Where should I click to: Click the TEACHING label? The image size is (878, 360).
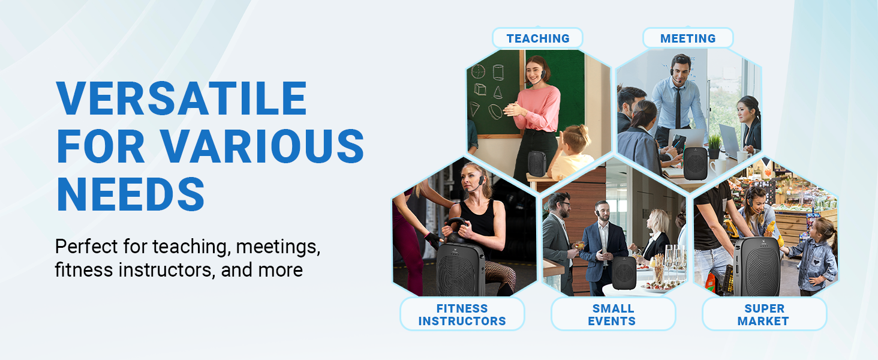click(537, 38)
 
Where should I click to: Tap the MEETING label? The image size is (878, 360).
click(687, 38)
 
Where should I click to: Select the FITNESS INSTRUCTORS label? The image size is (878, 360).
click(462, 314)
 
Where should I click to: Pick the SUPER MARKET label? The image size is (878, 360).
click(763, 314)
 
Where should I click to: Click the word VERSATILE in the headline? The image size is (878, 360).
click(181, 98)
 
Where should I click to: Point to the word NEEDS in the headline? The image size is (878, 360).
click(130, 194)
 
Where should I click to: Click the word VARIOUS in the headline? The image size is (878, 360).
click(261, 146)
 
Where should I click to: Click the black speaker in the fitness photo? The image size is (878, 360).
click(460, 270)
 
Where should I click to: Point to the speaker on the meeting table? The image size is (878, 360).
click(696, 163)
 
